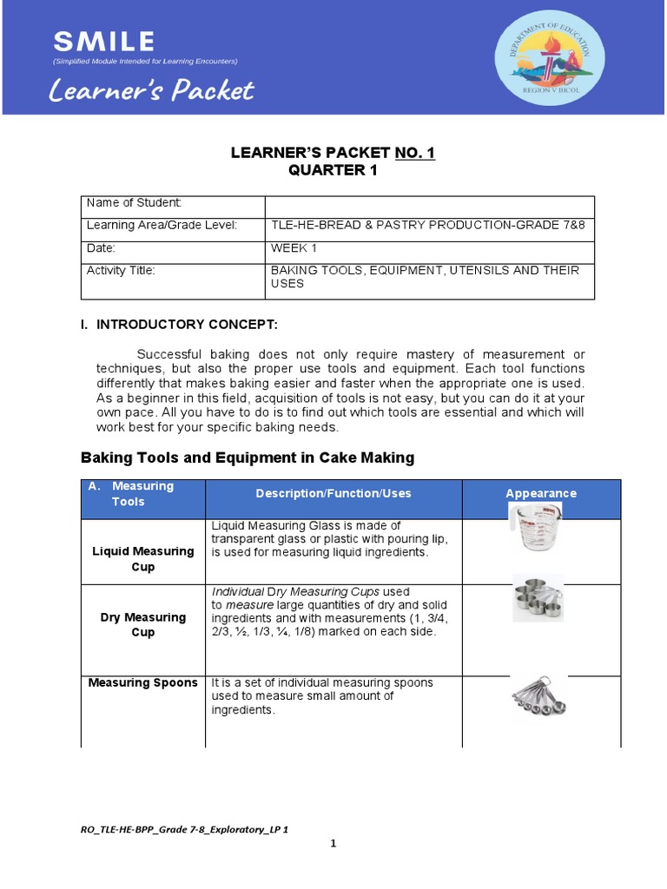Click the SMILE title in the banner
[103, 41]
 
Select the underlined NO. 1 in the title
[415, 153]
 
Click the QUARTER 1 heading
[333, 170]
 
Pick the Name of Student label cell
[134, 203]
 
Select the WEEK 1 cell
[294, 248]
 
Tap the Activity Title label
[121, 271]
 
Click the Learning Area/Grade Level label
[162, 226]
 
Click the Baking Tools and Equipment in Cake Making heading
[248, 458]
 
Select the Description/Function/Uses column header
[333, 493]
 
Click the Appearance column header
[540, 493]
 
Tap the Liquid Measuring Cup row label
[143, 559]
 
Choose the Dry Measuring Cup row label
[143, 625]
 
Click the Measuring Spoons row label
[143, 683]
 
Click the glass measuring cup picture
[535, 528]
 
